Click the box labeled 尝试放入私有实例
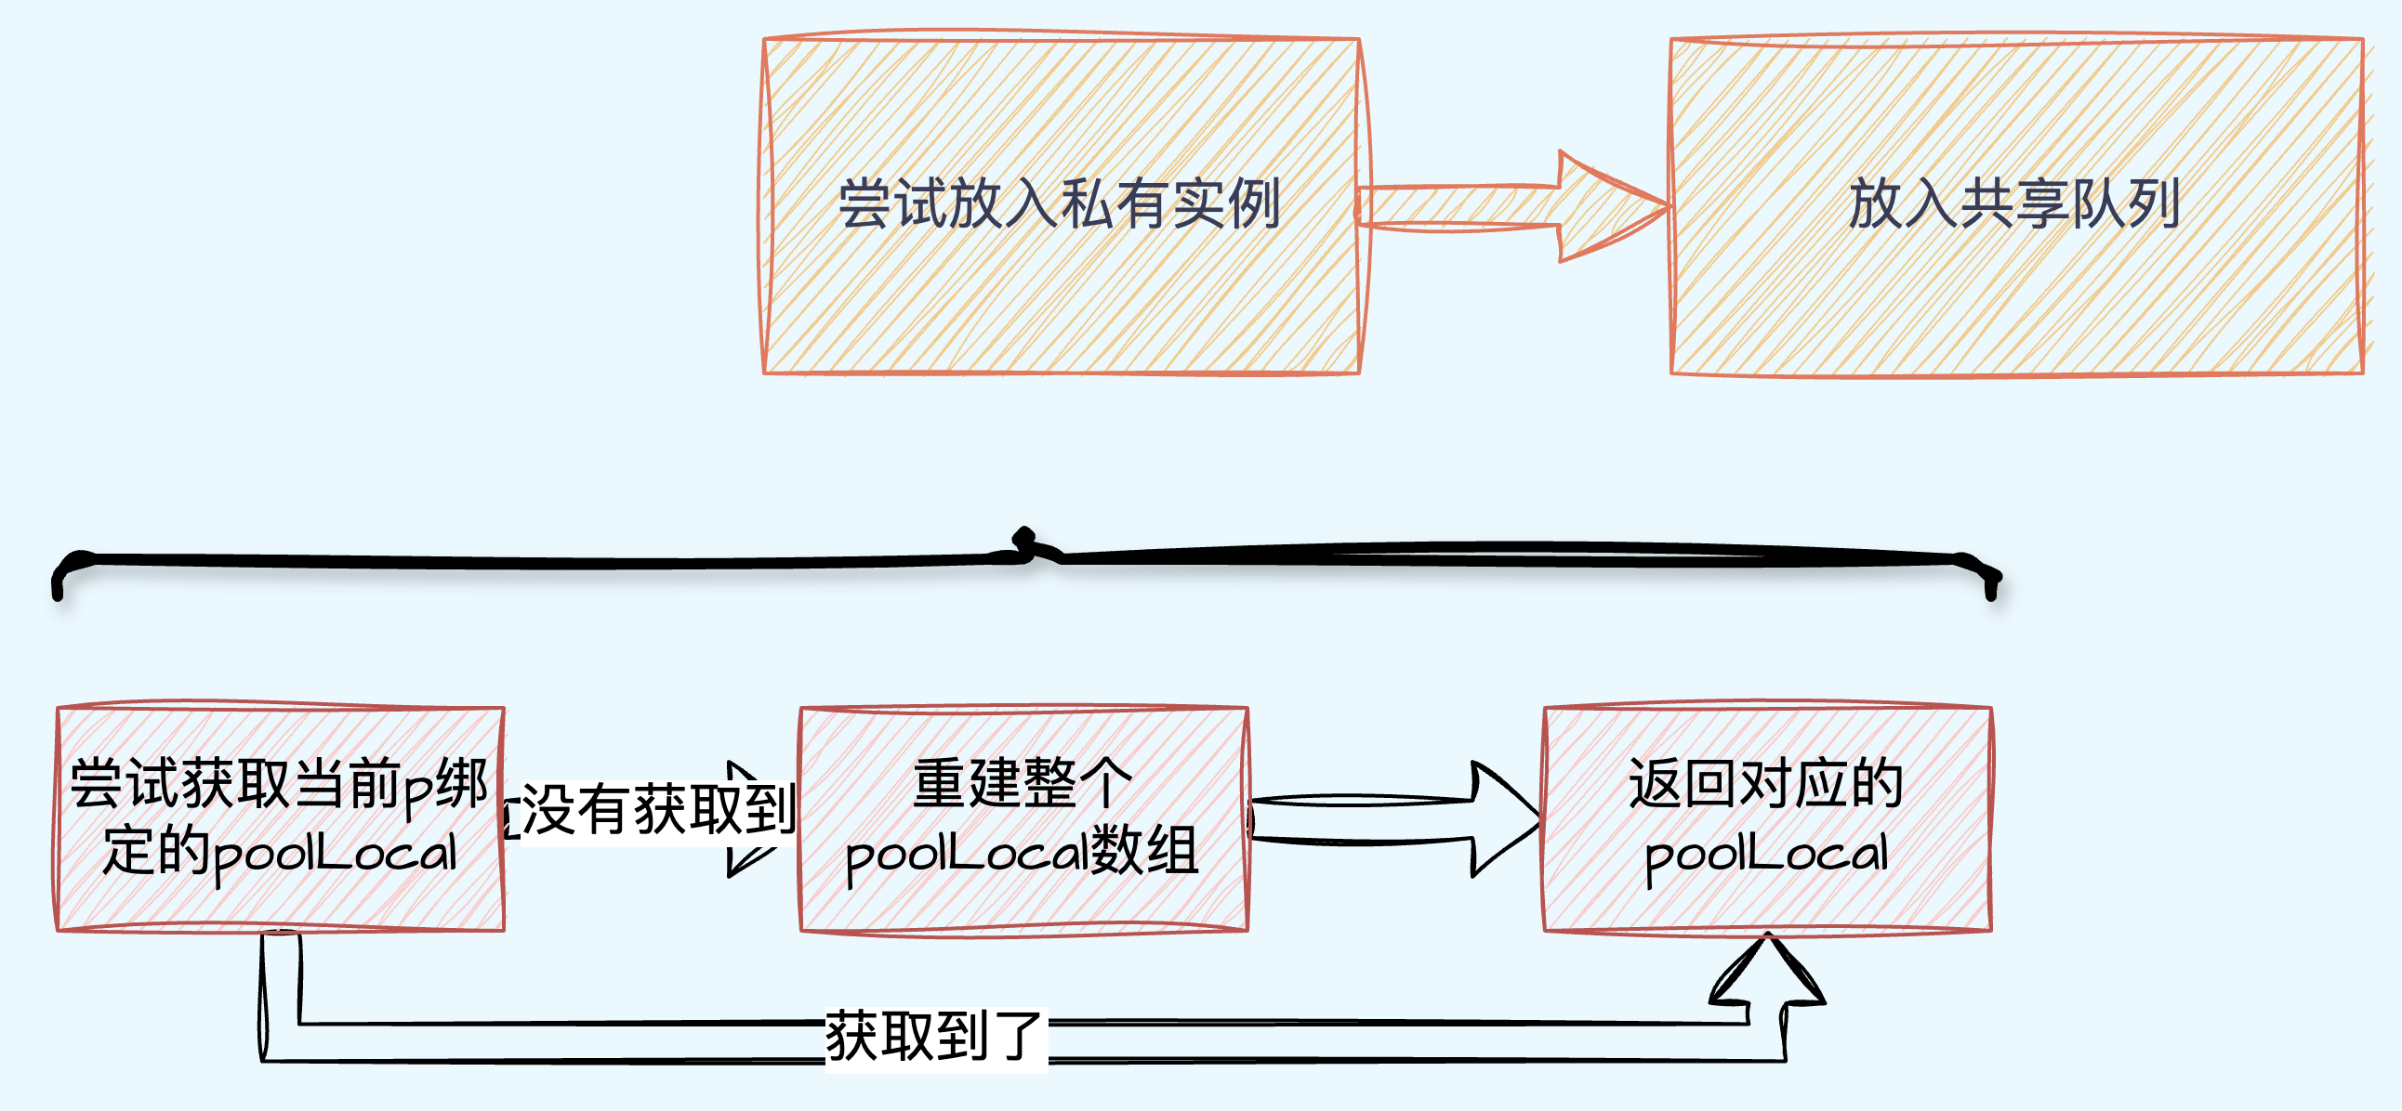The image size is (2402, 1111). click(1062, 206)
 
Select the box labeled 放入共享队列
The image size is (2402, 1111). click(2017, 206)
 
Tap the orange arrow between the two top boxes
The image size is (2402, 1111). click(1512, 206)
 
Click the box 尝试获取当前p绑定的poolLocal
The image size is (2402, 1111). click(281, 817)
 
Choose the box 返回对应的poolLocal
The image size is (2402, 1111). click(1767, 817)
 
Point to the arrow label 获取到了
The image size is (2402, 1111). click(934, 1037)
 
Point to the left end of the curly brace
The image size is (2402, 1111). click(58, 593)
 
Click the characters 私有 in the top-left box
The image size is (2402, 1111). click(1115, 204)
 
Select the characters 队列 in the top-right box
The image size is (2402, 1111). click(2125, 204)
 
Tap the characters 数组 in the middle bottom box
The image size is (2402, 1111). click(1144, 851)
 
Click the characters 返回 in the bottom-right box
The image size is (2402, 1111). click(1683, 783)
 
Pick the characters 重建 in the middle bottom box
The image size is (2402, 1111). click(968, 783)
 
